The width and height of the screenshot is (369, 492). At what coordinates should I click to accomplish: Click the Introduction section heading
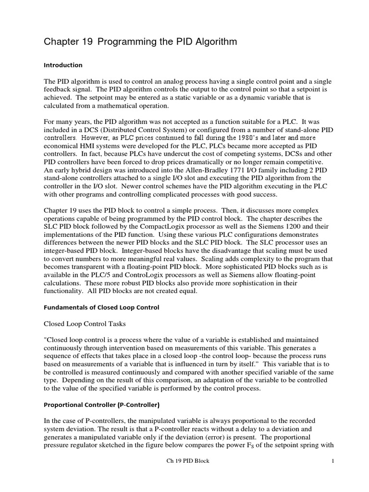[63, 65]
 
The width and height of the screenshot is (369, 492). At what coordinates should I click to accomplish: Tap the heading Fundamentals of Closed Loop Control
[101, 307]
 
